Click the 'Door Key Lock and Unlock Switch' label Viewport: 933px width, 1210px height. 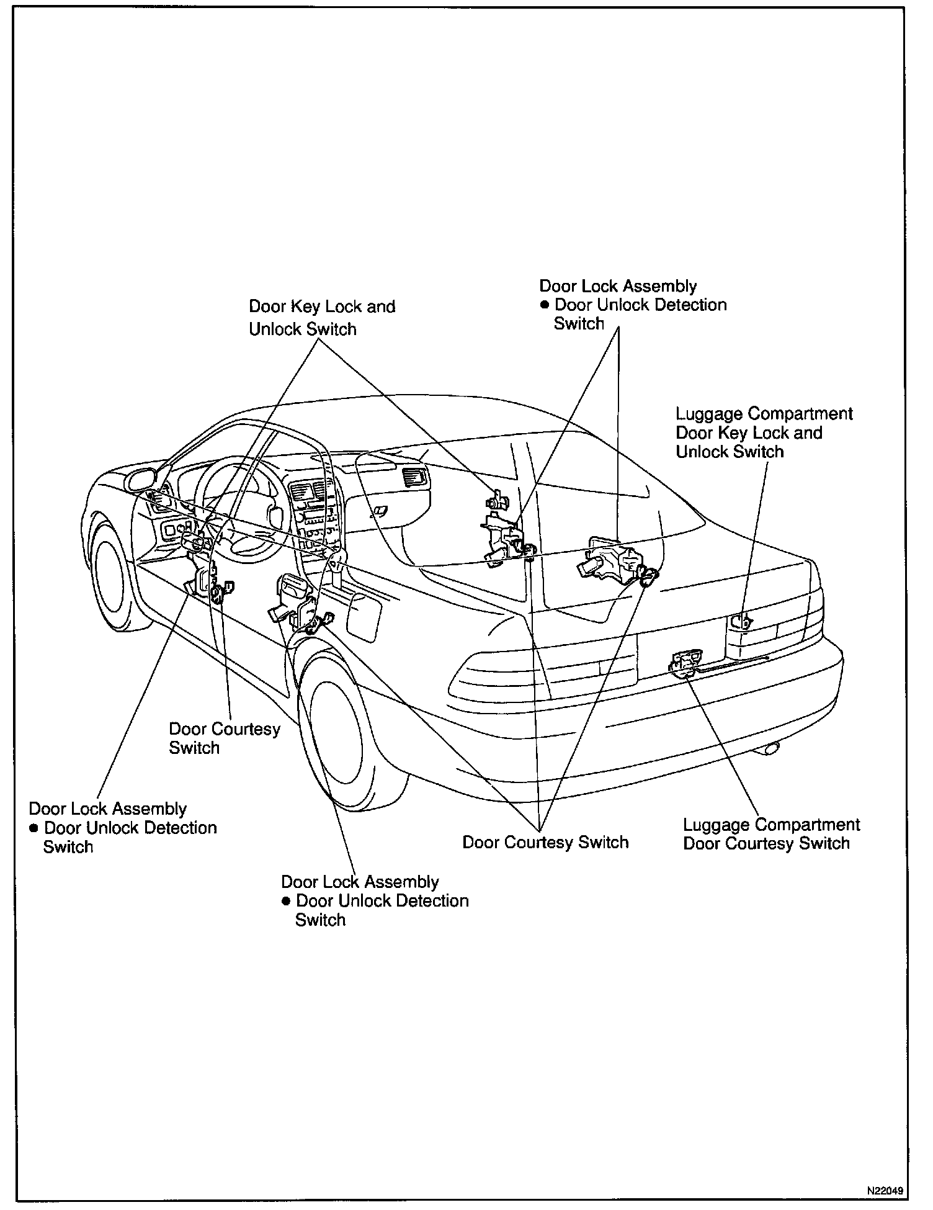click(x=321, y=317)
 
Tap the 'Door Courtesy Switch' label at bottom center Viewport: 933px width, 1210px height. click(x=545, y=842)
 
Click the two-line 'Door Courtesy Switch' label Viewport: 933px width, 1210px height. click(x=224, y=738)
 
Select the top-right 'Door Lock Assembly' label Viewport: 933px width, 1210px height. click(x=618, y=286)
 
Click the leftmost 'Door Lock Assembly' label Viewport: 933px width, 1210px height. click(x=108, y=809)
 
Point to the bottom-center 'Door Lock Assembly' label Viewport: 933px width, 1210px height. click(x=360, y=882)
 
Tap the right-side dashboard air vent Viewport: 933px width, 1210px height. click(x=414, y=477)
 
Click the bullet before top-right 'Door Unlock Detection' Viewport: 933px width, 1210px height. click(x=545, y=305)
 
